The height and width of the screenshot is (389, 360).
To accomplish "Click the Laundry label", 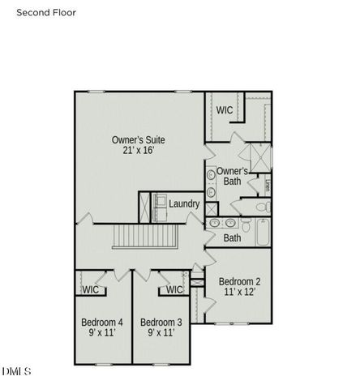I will [x=185, y=203].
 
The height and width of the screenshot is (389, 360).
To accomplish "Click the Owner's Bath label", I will [x=233, y=176].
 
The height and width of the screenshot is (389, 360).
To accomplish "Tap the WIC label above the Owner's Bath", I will [x=225, y=109].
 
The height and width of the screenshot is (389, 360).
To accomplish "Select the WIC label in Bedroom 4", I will [x=91, y=289].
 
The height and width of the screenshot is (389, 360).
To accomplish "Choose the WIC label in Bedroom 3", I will [x=174, y=289].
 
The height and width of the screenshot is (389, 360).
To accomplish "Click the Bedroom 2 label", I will [x=240, y=281].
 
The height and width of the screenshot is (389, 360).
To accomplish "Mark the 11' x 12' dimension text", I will [x=240, y=292].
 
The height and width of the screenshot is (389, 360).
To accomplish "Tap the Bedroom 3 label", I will [x=161, y=322].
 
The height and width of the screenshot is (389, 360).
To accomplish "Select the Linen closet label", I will [x=268, y=185].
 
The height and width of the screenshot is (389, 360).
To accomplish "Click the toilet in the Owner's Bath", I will [x=262, y=207].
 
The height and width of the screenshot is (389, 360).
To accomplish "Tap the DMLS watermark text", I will [x=16, y=371].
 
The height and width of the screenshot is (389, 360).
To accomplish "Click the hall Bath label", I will [x=233, y=238].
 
